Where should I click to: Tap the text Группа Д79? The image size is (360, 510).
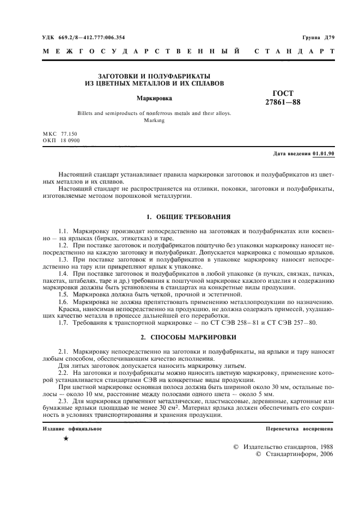(318, 38)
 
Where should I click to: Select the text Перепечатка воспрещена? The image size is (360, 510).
(300, 429)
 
